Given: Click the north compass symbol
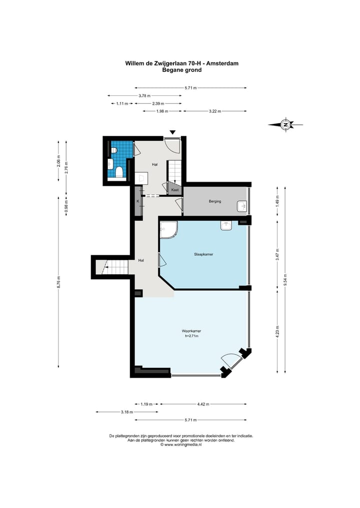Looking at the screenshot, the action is pyautogui.click(x=285, y=124).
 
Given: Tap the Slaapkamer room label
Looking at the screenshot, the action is pyautogui.click(x=203, y=254).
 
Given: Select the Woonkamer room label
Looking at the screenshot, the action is pyautogui.click(x=191, y=331).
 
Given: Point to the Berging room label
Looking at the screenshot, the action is pyautogui.click(x=215, y=201).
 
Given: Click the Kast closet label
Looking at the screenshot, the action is pyautogui.click(x=175, y=190).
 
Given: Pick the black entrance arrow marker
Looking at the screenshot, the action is pyautogui.click(x=173, y=132).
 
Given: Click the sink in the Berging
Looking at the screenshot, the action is pyautogui.click(x=241, y=206).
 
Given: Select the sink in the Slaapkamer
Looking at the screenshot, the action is pyautogui.click(x=226, y=225).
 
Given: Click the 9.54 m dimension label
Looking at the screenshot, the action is pyautogui.click(x=285, y=279).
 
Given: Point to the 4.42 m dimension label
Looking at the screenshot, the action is pyautogui.click(x=203, y=404).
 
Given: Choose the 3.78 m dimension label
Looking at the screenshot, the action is pyautogui.click(x=144, y=95).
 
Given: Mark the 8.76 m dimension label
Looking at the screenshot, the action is pyautogui.click(x=58, y=282).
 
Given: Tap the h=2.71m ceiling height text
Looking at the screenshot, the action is pyautogui.click(x=191, y=336).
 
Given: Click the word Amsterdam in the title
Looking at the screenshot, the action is pyautogui.click(x=222, y=63).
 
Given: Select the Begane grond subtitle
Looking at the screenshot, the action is pyautogui.click(x=182, y=70).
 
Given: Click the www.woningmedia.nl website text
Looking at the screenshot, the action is pyautogui.click(x=183, y=445).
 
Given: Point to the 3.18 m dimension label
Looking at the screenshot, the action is pyautogui.click(x=127, y=412).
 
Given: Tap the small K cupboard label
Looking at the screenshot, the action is pyautogui.click(x=138, y=201).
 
